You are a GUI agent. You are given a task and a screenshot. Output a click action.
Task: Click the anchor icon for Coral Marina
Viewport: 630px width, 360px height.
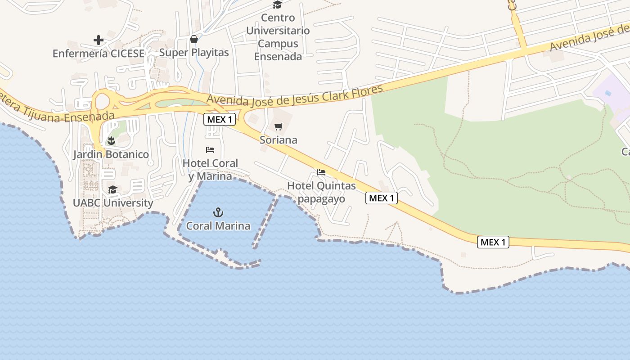coord(218,212)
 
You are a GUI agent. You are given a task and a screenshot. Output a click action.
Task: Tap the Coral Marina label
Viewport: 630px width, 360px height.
coord(218,225)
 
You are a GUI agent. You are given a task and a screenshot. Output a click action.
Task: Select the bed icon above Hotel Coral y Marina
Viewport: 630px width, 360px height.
coord(210,150)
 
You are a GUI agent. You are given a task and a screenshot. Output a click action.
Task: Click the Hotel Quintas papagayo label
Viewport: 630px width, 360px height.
coord(321,192)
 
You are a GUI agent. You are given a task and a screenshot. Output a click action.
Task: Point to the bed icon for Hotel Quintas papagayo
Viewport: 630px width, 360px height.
coord(321,172)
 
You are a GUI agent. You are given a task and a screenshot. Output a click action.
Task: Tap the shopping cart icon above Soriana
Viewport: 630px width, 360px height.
coord(279,126)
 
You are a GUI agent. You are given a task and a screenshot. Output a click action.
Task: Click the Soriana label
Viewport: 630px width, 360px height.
coord(279,140)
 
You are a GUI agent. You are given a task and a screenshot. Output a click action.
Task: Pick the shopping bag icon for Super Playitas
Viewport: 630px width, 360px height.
coord(194,39)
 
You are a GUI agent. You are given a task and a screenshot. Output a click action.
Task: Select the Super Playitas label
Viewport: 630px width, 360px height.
coord(194,53)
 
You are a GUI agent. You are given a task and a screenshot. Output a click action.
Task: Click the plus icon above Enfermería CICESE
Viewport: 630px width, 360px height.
coord(99,40)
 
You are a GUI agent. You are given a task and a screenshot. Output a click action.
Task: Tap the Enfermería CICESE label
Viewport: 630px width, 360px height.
coord(99,54)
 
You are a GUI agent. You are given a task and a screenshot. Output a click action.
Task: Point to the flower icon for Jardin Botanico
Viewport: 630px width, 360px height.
coord(111,141)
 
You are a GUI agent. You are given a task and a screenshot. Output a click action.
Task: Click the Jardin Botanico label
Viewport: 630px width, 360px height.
coord(111,154)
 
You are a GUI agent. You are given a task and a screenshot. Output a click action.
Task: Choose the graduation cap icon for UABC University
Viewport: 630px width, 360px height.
coord(112,189)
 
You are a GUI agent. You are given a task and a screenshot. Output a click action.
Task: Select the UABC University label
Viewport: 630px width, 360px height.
coord(113,203)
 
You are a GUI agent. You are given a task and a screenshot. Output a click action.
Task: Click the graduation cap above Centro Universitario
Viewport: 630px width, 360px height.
coord(278,5)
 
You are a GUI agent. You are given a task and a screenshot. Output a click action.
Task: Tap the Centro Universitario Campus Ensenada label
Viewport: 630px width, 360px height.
coord(278,37)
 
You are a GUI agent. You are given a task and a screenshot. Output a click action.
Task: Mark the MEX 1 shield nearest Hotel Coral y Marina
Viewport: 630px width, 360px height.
coord(220,119)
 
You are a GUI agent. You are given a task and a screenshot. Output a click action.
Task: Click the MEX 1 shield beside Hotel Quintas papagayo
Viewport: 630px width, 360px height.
coord(382,198)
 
